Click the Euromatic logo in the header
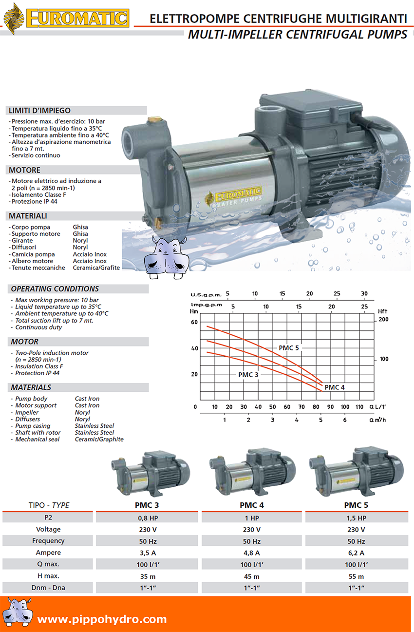coord(66,19)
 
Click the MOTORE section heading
coord(24,170)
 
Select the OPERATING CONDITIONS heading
coord(55,288)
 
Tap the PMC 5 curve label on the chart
coord(288,348)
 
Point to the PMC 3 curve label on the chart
coord(248,375)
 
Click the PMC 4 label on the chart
coord(335,387)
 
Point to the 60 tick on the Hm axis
coord(194,322)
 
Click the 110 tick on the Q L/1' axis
coord(359,407)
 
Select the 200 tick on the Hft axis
coord(383,319)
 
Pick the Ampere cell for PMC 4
coord(251,553)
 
